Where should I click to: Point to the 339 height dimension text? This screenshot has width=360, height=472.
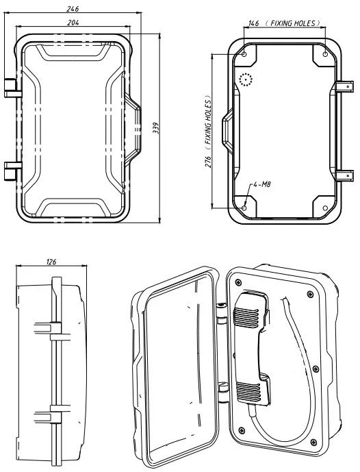[157, 129]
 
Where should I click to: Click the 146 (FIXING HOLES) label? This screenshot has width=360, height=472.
[283, 23]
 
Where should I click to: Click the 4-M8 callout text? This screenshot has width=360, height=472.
[261, 185]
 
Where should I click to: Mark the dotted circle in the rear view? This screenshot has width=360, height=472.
[246, 81]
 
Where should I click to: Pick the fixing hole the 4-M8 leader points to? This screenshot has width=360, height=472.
[245, 208]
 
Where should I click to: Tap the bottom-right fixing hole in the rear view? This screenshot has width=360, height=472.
[322, 208]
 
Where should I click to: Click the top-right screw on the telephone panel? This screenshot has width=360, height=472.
[311, 293]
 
